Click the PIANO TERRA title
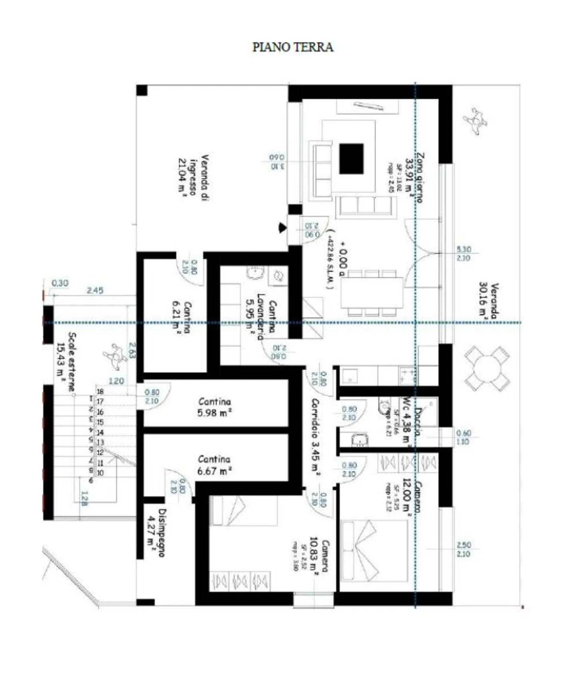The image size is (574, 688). [293, 47]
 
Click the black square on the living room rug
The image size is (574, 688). [351, 159]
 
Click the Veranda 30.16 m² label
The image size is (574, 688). [489, 300]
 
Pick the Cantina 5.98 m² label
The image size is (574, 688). [214, 407]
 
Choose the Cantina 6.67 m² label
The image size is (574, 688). [214, 465]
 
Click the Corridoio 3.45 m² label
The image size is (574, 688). [315, 437]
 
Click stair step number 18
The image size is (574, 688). [100, 392]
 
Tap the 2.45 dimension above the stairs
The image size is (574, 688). [95, 290]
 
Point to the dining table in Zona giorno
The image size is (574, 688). [372, 292]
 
